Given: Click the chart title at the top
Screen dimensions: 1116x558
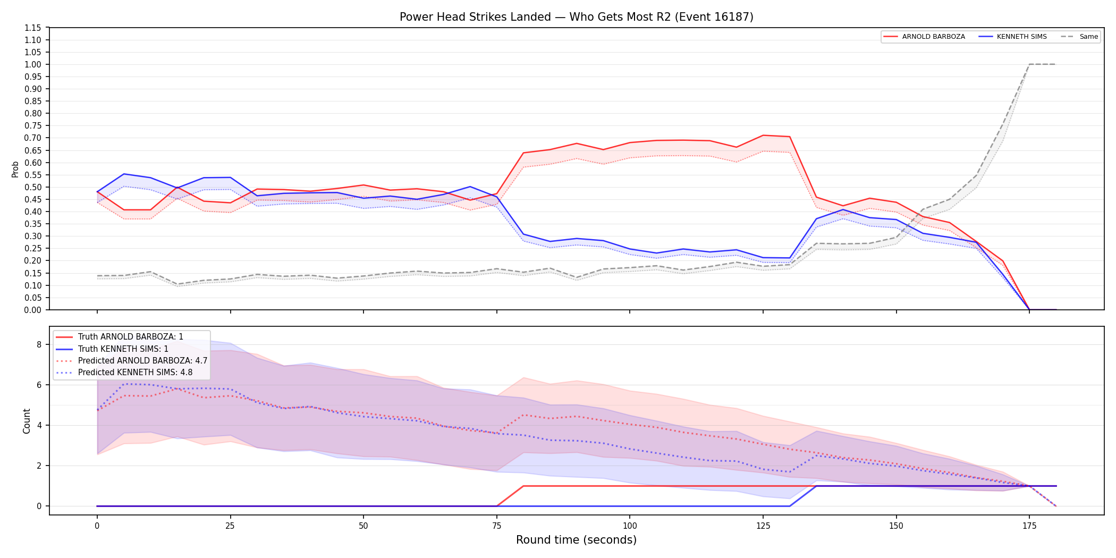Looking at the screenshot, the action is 577,17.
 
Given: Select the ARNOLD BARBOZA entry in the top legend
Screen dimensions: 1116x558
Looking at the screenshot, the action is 924,37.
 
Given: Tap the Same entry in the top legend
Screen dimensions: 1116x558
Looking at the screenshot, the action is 1079,37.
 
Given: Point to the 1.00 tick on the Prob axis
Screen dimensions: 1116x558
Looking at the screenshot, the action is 33,64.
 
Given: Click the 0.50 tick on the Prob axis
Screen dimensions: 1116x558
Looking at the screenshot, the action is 33,187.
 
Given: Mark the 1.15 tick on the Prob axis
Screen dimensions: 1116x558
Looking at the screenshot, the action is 33,28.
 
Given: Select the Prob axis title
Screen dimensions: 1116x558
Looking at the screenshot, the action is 15,169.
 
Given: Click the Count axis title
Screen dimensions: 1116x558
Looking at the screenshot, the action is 27,421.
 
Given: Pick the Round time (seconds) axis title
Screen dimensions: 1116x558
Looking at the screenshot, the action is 577,540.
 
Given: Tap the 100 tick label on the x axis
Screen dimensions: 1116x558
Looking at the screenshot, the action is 630,526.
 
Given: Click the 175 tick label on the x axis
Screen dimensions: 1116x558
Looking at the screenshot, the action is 1029,526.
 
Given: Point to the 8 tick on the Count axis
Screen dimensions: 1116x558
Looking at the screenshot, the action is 39,344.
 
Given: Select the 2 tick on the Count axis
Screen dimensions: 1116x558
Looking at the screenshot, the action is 39,466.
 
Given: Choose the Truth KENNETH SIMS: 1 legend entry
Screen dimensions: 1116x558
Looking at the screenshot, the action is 112,349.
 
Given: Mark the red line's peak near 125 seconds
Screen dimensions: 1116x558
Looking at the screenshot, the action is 763,135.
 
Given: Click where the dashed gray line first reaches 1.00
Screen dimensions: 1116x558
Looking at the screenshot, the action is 1029,64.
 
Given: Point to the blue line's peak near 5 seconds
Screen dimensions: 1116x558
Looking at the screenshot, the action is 124,174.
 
